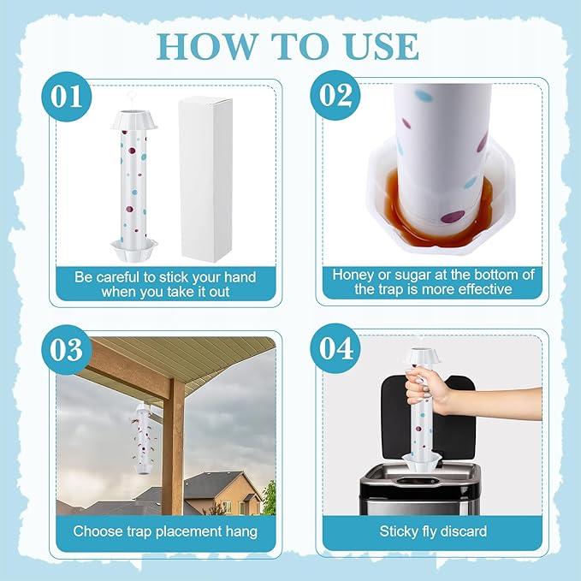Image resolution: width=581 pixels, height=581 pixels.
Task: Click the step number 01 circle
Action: (x=68, y=95)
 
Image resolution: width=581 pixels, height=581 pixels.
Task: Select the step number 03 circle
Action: (x=68, y=349)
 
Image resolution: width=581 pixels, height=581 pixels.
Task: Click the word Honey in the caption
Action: (x=353, y=275)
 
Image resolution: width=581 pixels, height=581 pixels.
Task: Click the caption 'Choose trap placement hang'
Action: (x=164, y=531)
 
